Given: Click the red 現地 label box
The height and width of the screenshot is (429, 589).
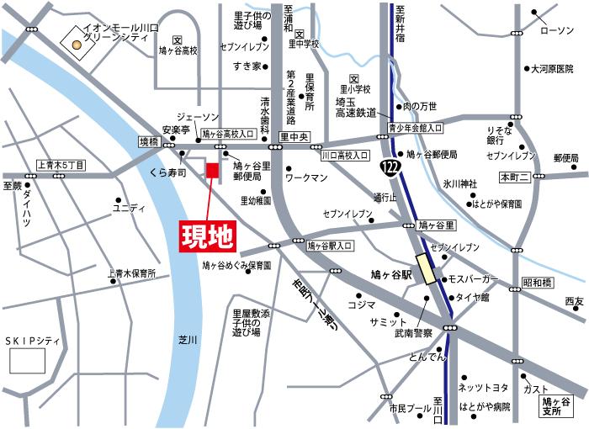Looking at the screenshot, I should click(x=207, y=236).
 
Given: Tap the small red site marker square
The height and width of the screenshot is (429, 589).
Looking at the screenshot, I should click(x=212, y=171).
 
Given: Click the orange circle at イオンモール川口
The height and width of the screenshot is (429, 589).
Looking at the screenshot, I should click(x=77, y=45).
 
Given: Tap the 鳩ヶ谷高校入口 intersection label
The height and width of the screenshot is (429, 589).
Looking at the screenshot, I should click(x=228, y=134).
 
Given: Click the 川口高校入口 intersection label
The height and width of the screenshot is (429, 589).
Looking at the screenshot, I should click(x=345, y=156).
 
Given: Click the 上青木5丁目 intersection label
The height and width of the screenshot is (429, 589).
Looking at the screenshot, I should click(x=61, y=167).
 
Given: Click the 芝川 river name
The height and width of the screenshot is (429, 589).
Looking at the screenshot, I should click(x=188, y=339).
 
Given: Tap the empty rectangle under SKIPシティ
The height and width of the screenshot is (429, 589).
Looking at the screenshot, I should click(x=27, y=361).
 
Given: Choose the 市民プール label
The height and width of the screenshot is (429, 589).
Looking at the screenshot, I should click(x=408, y=407).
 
